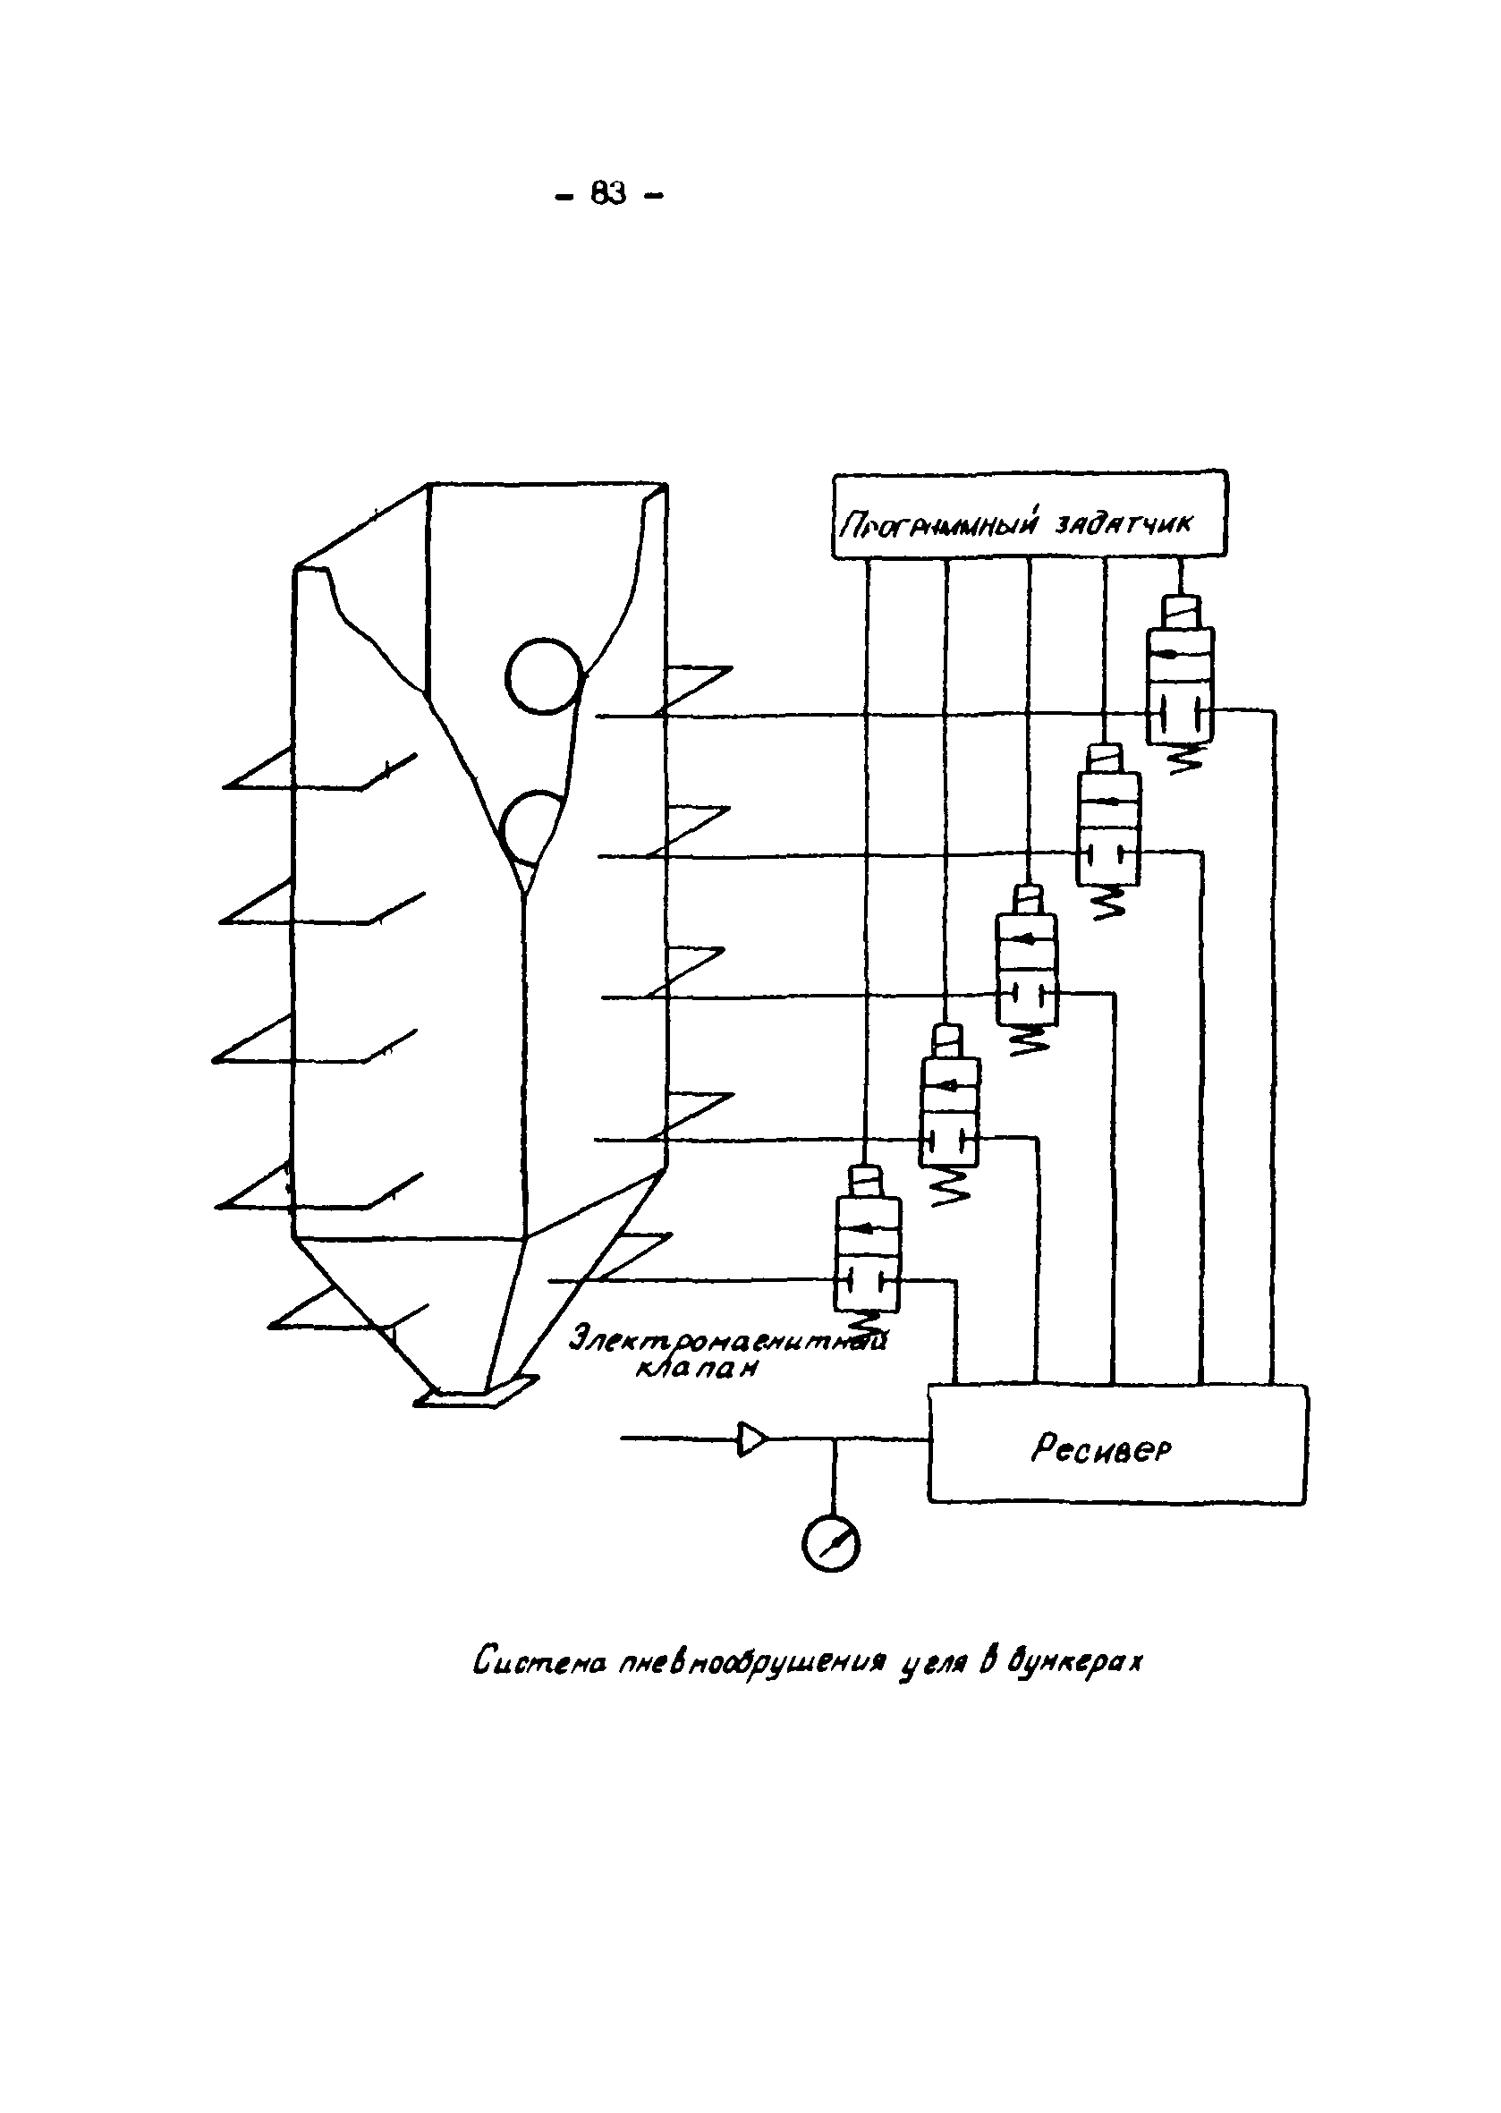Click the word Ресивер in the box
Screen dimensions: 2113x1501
click(x=1101, y=1448)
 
